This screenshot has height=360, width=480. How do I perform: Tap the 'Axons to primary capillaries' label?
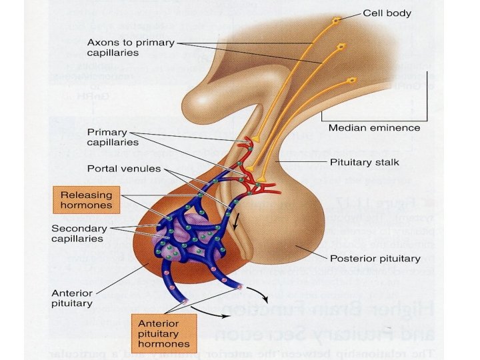pos(131,48)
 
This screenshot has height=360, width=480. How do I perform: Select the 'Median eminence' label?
pos(374,127)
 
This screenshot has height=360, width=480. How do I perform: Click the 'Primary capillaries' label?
pos(113,137)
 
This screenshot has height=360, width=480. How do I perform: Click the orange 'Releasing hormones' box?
pos(87,199)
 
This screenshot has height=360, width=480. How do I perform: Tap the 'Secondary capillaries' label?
pos(79,233)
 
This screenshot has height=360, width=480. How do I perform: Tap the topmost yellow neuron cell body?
pos(337,21)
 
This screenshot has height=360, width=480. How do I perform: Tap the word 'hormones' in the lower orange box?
pos(163,345)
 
